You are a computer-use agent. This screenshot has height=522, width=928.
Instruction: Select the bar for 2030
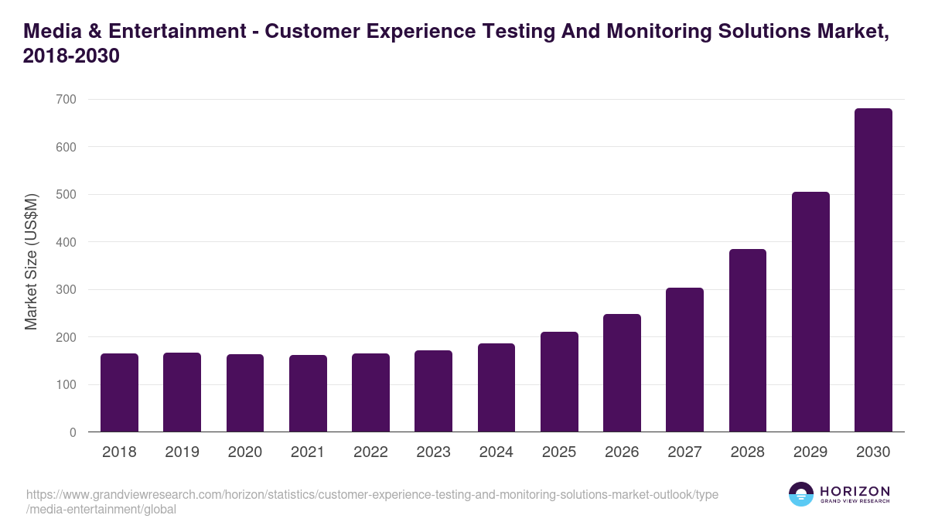click(x=873, y=270)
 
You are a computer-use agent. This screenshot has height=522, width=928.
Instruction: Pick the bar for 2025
click(x=559, y=382)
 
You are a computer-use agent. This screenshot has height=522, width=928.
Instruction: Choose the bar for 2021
click(x=308, y=394)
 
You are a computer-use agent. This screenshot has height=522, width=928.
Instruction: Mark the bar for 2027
click(x=684, y=360)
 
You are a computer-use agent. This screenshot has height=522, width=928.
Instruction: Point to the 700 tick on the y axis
click(x=66, y=99)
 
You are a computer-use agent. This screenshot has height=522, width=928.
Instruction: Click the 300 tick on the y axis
click(x=66, y=289)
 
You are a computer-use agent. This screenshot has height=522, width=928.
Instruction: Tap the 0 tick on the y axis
click(x=73, y=432)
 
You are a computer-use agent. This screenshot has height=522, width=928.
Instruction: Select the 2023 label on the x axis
click(x=433, y=452)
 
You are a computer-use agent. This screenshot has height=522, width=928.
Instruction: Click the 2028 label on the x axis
click(x=747, y=452)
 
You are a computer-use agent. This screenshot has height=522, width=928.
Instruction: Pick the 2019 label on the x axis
click(x=182, y=452)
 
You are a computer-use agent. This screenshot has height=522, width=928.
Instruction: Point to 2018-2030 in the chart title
click(x=71, y=56)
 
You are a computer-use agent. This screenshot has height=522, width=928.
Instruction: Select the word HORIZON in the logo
click(x=854, y=491)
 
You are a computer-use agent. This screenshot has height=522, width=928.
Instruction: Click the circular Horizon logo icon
click(x=801, y=494)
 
